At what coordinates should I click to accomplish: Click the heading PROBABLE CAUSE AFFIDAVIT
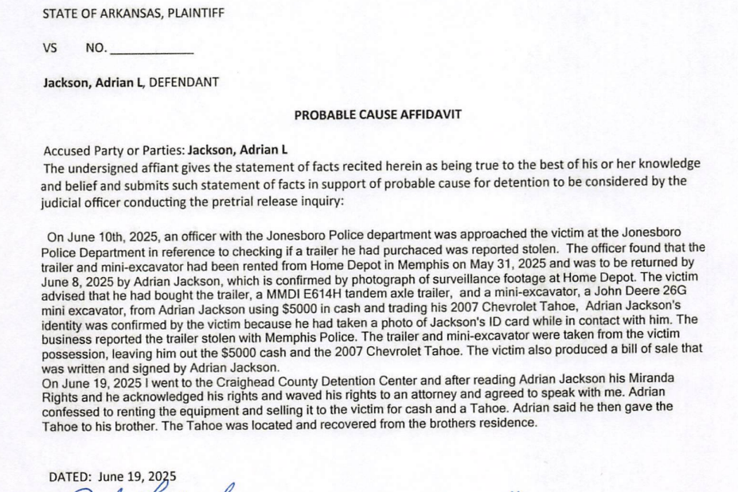pyautogui.click(x=377, y=115)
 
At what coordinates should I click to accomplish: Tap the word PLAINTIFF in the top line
pyautogui.click(x=195, y=14)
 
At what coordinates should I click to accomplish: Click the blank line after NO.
pyautogui.click(x=151, y=49)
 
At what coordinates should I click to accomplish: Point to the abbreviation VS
pyautogui.click(x=50, y=48)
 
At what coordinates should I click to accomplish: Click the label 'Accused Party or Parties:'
pyautogui.click(x=114, y=150)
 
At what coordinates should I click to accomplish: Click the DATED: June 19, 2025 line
pyautogui.click(x=112, y=477)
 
